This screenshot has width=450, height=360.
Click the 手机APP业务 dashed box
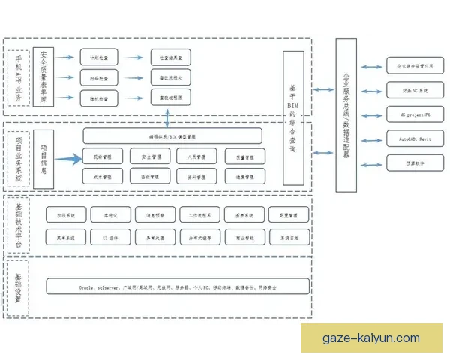[18, 76]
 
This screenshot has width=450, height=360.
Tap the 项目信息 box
[44, 159]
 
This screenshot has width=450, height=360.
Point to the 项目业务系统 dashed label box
[18, 159]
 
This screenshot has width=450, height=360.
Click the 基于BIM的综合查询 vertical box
[293, 118]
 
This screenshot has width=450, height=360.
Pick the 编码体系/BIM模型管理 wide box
[172, 136]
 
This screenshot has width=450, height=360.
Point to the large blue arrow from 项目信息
[66, 158]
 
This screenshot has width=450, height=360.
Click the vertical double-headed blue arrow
[166, 117]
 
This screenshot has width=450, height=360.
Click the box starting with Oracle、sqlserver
[178, 286]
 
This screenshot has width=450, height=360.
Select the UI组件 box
[110, 238]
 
